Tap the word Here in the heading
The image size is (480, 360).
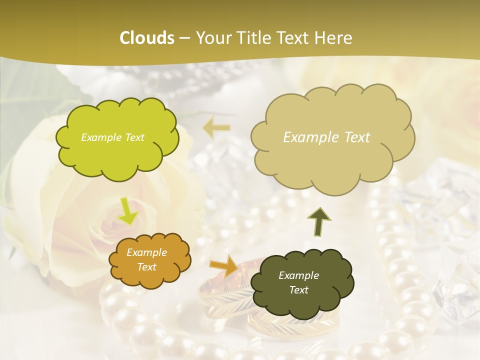click(333, 38)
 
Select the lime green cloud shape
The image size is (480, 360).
click(116, 137)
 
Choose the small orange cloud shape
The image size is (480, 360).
click(149, 260)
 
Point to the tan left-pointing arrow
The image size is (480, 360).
click(216, 128)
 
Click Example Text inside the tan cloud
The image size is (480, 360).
click(326, 137)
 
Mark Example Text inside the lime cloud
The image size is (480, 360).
click(112, 137)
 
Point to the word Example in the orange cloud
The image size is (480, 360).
click(146, 253)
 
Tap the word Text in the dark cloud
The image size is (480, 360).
click(298, 290)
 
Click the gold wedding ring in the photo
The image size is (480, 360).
click(220, 300)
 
